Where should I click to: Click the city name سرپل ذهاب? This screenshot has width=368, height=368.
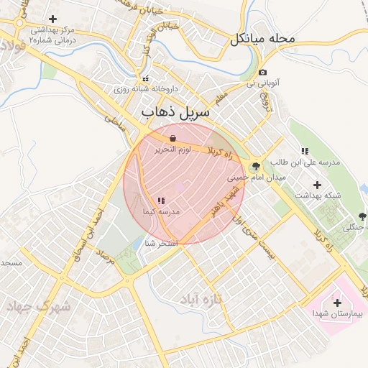pos(175,113)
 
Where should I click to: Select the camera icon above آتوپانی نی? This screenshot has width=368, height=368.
pos(263,73)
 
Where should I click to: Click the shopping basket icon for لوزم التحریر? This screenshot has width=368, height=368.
pos(172,138)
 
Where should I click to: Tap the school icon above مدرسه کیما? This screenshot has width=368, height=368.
pos(160,201)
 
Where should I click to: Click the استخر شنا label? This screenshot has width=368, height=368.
pos(161,244)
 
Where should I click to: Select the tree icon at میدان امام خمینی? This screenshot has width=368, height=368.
pos(256,167)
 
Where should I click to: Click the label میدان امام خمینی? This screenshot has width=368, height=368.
pos(257,177)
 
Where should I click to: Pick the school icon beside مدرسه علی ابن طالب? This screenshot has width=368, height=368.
pos(305,152)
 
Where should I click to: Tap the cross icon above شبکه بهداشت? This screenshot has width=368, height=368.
pos(317,185)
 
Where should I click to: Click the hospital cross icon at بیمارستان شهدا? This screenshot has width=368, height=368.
pos(338,302)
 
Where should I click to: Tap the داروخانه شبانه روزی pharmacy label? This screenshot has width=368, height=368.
pos(145,89)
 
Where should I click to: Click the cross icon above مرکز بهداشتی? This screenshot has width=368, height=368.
pos(52,19)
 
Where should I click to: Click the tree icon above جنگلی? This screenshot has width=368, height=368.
pos(360,217)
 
